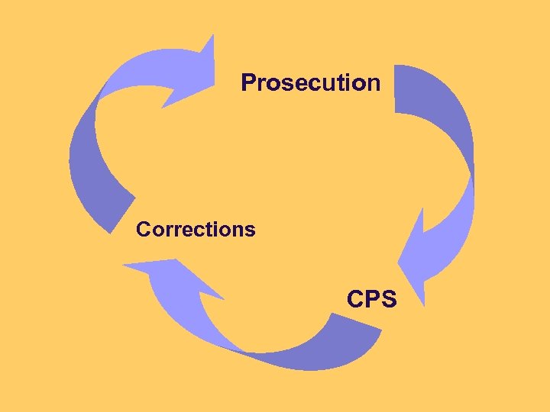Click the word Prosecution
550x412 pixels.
click(x=310, y=82)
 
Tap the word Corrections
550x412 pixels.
click(x=196, y=229)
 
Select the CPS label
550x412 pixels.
click(x=372, y=299)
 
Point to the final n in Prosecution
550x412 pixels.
click(x=373, y=83)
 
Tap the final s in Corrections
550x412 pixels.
click(x=250, y=230)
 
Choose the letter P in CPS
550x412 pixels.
click(x=373, y=299)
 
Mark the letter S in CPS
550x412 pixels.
click(x=388, y=299)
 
